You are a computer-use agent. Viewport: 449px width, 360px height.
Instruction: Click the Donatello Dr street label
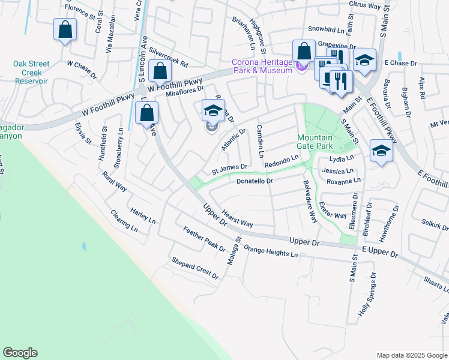coord(255,181)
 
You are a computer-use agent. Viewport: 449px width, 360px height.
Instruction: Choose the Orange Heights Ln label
coord(270,251)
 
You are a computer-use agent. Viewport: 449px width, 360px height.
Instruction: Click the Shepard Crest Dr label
coord(195,268)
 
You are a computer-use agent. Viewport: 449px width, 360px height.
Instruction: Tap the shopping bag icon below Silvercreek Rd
coord(160,71)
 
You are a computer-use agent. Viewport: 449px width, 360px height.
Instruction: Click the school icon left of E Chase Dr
coord(364,60)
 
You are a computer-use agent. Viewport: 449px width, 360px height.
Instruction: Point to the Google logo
coord(20,353)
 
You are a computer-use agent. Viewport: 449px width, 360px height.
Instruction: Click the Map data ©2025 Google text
coord(411,355)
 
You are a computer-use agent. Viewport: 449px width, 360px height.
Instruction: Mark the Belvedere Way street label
coord(310,202)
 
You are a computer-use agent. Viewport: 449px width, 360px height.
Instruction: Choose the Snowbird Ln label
coord(325,28)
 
